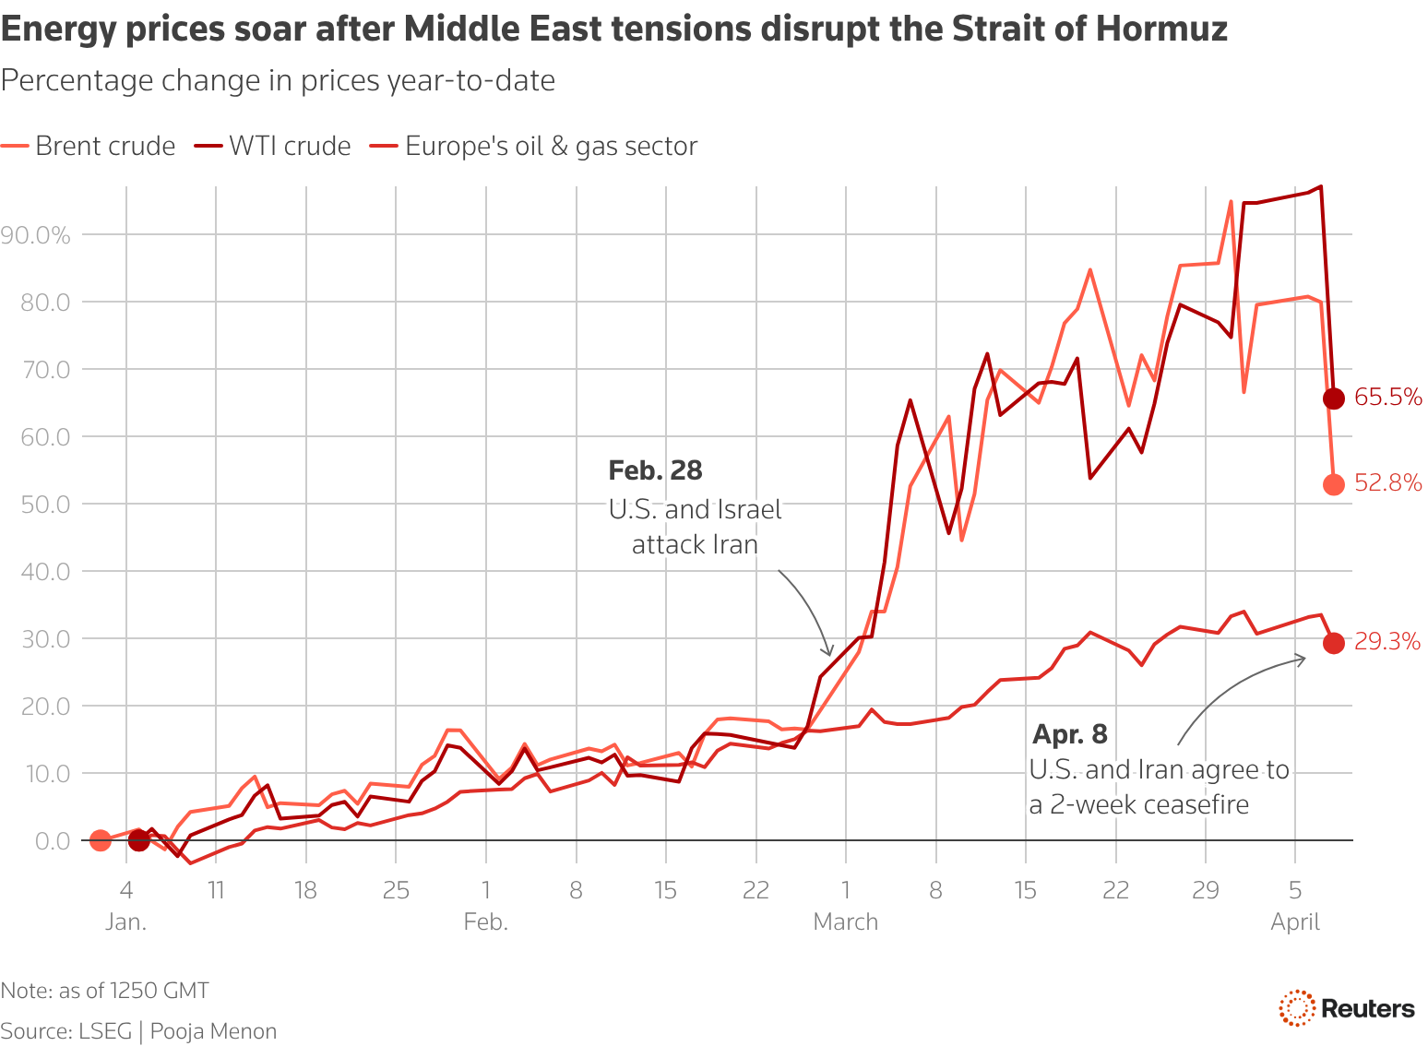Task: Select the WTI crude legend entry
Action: (x=273, y=146)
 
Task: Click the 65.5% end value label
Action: (x=1387, y=398)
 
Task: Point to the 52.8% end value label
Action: (x=1387, y=482)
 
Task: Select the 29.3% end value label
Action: (x=1386, y=642)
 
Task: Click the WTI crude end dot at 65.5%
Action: (x=1334, y=398)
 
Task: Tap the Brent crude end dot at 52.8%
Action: (x=1334, y=484)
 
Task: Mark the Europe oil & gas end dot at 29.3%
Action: (x=1334, y=644)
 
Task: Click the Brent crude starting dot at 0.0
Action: (x=101, y=840)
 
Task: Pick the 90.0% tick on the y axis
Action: (x=36, y=235)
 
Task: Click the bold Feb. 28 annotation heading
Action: (x=655, y=470)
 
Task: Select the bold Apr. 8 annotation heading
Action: (x=1070, y=734)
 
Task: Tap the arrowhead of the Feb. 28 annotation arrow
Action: (x=829, y=653)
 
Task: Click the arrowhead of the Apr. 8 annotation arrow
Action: (x=1303, y=658)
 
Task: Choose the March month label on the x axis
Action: (x=845, y=921)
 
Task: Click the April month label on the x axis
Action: (x=1295, y=921)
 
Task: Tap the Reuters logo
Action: (x=1347, y=1008)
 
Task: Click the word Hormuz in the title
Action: (x=1161, y=30)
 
